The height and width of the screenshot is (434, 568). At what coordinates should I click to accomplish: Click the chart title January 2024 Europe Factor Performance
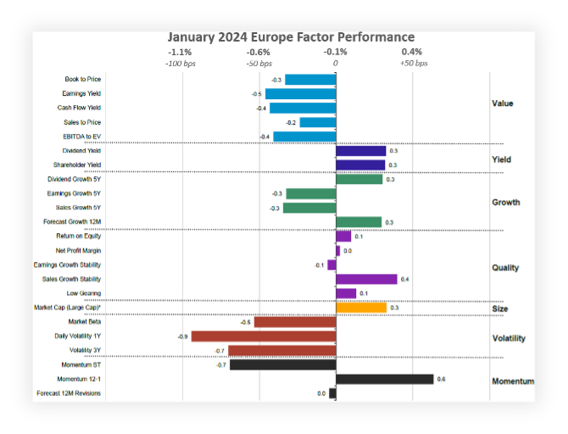[291, 37]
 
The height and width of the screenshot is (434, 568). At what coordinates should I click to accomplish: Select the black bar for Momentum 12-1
[385, 379]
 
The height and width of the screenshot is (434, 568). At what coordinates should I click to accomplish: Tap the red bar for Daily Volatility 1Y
[264, 337]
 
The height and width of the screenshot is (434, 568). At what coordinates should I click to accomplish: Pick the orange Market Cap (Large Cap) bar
[361, 308]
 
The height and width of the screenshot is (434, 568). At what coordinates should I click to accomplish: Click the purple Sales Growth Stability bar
[366, 279]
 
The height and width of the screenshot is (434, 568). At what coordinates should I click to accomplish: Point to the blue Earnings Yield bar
[300, 94]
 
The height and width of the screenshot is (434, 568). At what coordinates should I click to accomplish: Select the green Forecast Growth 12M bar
[359, 222]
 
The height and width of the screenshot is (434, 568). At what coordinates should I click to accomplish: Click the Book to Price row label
[83, 80]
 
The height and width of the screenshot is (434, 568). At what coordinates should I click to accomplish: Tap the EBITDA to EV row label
[82, 136]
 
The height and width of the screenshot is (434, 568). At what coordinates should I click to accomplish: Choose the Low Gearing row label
[85, 293]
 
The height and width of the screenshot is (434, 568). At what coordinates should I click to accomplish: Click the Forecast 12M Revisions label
[69, 393]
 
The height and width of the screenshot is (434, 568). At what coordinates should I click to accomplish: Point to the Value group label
[503, 103]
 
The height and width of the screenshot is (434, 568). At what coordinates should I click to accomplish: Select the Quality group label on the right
[505, 268]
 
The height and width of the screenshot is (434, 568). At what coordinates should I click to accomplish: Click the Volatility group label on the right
[509, 338]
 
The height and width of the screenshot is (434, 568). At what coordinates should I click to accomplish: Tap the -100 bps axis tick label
[181, 64]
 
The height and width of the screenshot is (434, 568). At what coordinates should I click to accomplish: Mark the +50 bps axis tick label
[414, 64]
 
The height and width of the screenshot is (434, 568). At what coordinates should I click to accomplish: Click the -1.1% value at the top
[180, 52]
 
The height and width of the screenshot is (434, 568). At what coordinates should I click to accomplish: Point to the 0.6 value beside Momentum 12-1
[441, 380]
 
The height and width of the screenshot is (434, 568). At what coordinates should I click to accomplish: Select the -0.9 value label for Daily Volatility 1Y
[182, 337]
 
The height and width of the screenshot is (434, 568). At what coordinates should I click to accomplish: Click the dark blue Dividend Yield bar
[360, 151]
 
